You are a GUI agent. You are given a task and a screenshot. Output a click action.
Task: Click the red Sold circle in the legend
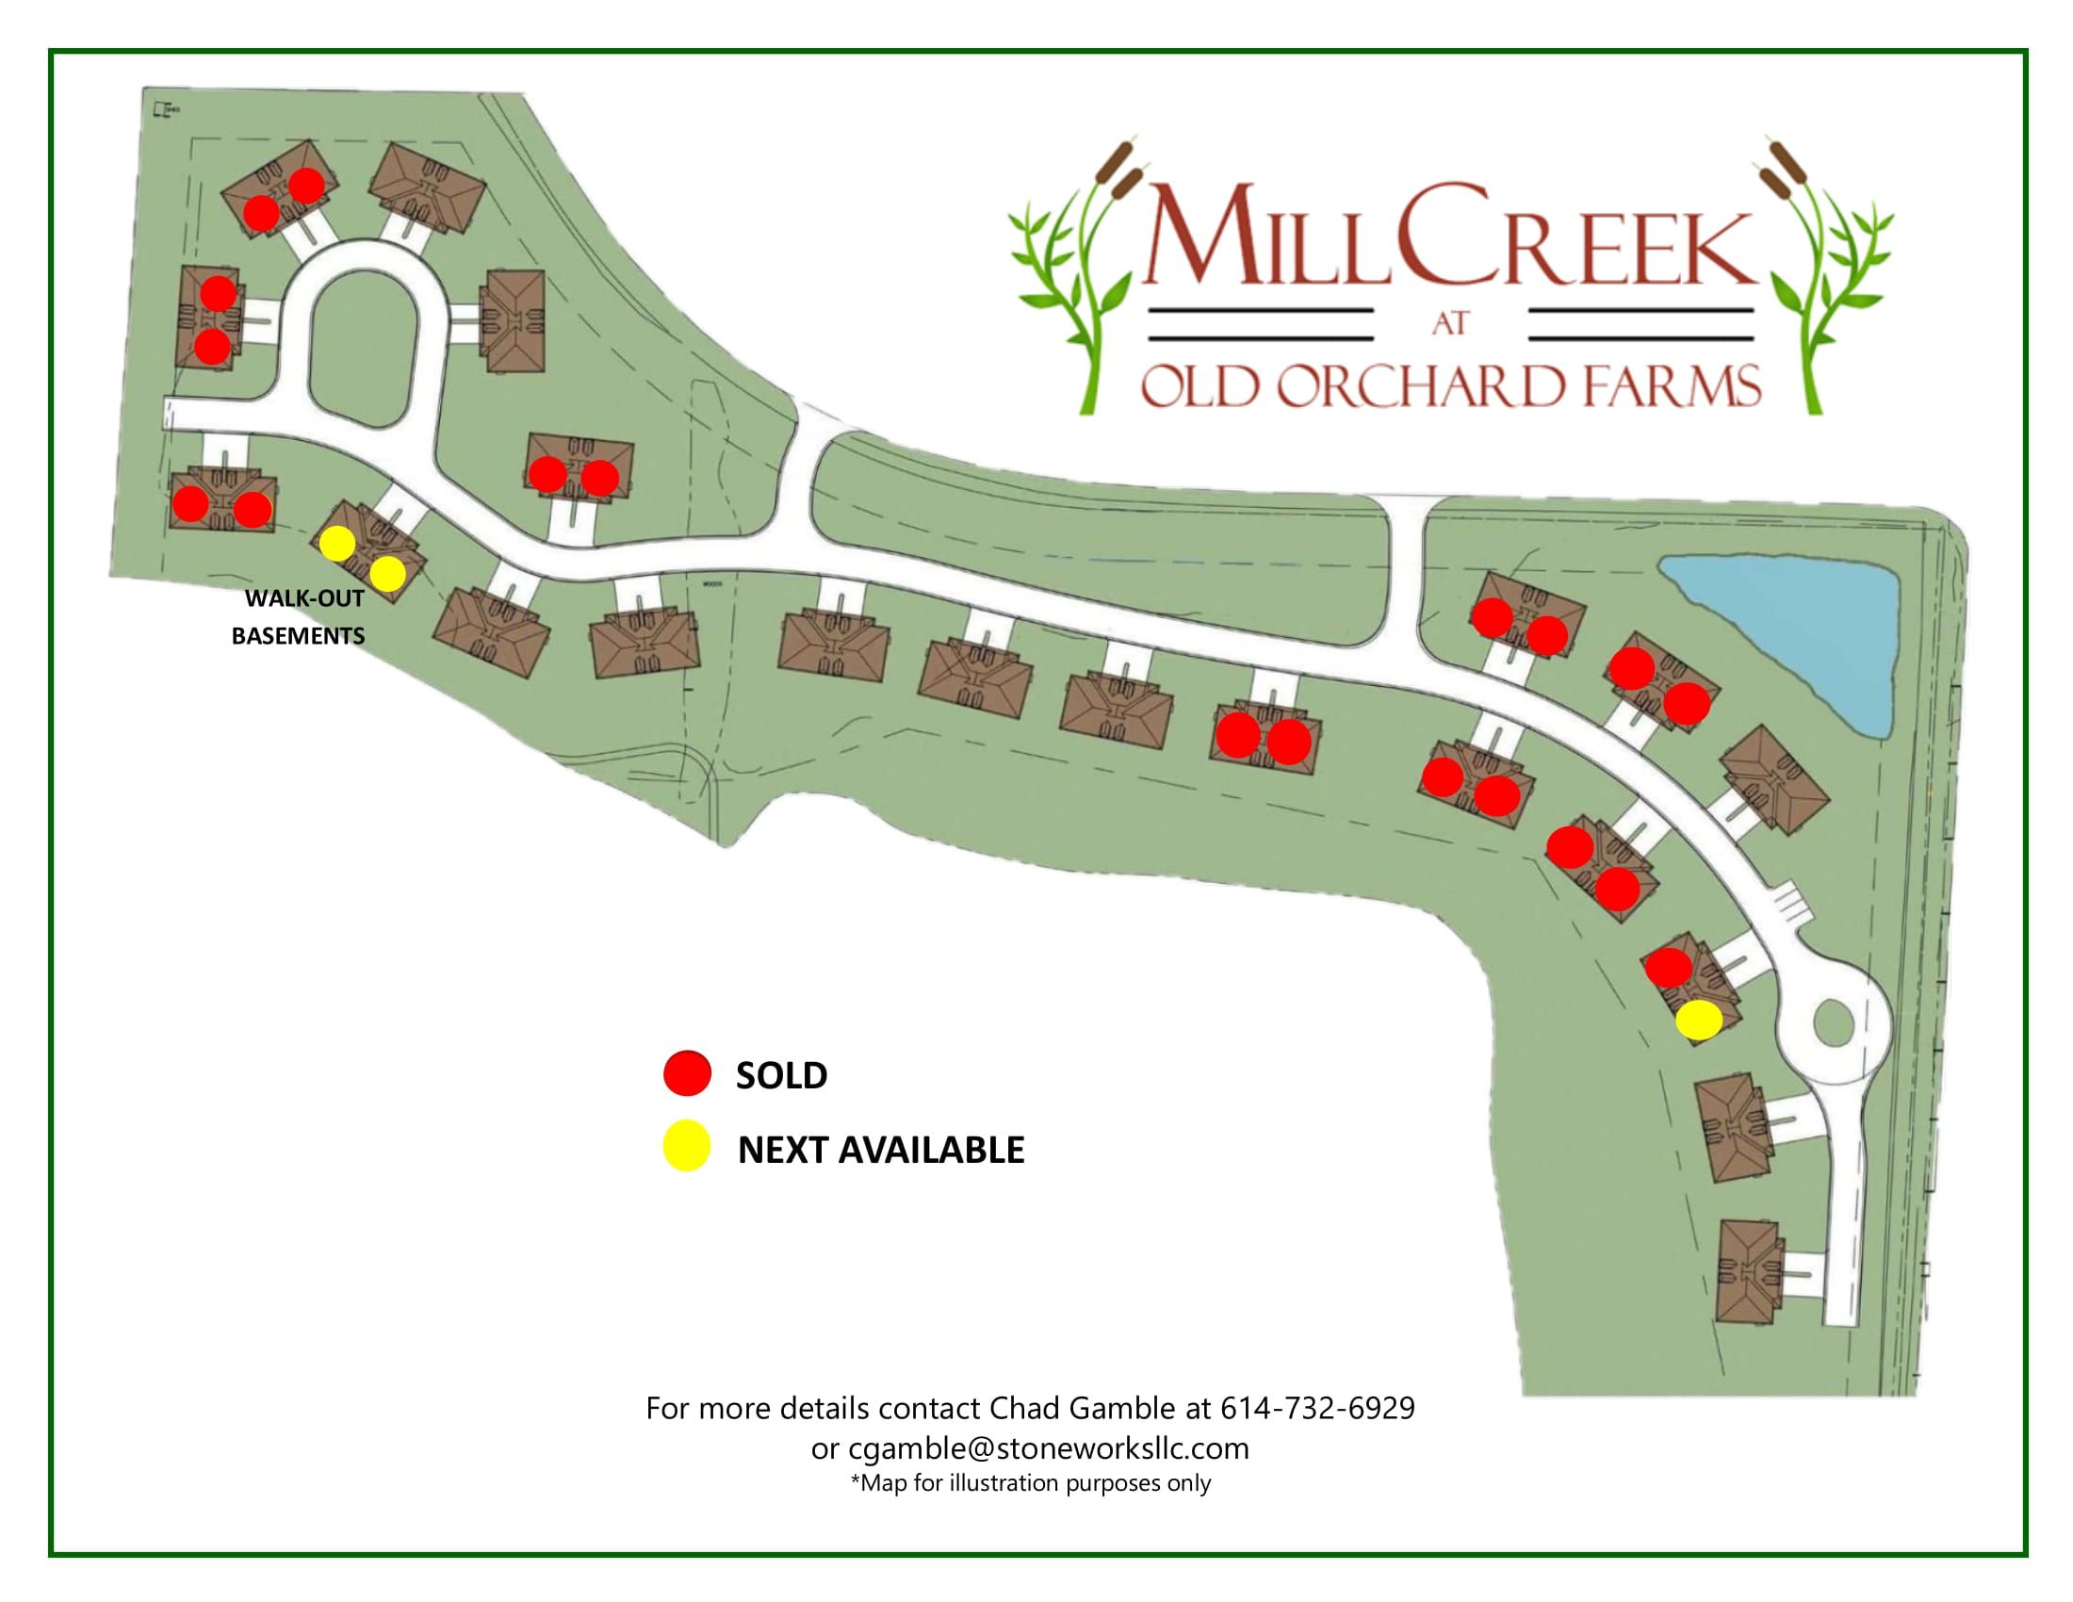687,1074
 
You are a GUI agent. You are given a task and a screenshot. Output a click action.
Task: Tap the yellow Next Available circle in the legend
687,1148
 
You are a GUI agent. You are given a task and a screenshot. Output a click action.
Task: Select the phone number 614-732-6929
1316,1408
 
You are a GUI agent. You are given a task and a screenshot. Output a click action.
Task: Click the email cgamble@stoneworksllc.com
1048,1448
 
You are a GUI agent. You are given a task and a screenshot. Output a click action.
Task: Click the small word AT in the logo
1450,323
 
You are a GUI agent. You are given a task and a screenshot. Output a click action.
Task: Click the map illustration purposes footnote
1031,1483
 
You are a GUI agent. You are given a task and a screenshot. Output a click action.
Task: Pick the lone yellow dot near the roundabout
1698,1020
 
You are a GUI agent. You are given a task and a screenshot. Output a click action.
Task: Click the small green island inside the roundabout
1831,1023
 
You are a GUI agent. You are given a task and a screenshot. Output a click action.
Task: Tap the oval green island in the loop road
362,345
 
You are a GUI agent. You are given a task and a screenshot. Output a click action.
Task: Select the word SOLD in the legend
781,1075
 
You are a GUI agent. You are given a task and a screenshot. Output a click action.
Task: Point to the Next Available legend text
881,1150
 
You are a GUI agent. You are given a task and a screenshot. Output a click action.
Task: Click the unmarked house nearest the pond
1773,779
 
